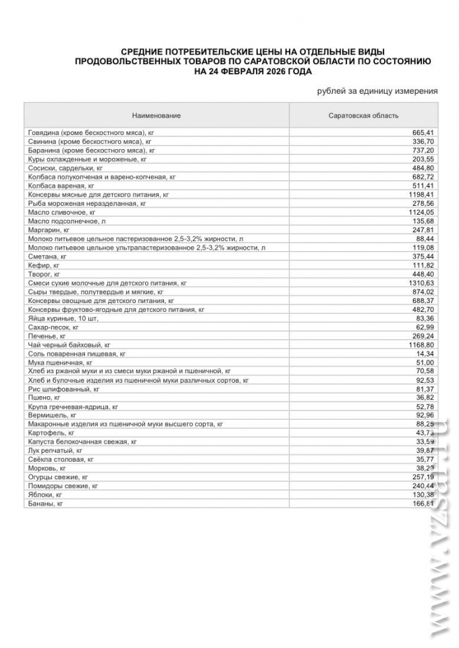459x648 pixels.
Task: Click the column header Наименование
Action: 156,115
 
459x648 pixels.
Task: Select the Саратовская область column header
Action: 363,115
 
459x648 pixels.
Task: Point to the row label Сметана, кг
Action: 47,256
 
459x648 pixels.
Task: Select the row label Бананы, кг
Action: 45,504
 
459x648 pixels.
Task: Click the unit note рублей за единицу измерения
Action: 377,91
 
